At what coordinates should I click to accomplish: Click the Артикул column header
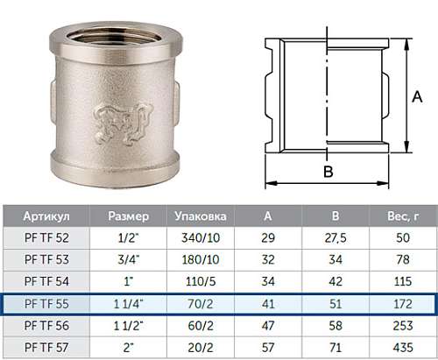click(x=46, y=216)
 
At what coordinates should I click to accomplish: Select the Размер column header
click(x=129, y=216)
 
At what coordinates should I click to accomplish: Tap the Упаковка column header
click(x=201, y=216)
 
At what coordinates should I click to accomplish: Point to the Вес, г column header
click(x=403, y=216)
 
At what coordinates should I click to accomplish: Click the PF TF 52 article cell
click(x=46, y=238)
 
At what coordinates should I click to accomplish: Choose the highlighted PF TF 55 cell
click(x=46, y=304)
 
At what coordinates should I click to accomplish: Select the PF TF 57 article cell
click(x=46, y=348)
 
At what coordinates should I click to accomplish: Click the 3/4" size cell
click(x=129, y=259)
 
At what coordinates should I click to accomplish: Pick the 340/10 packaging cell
click(x=201, y=238)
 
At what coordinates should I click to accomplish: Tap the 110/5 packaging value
click(x=201, y=281)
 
